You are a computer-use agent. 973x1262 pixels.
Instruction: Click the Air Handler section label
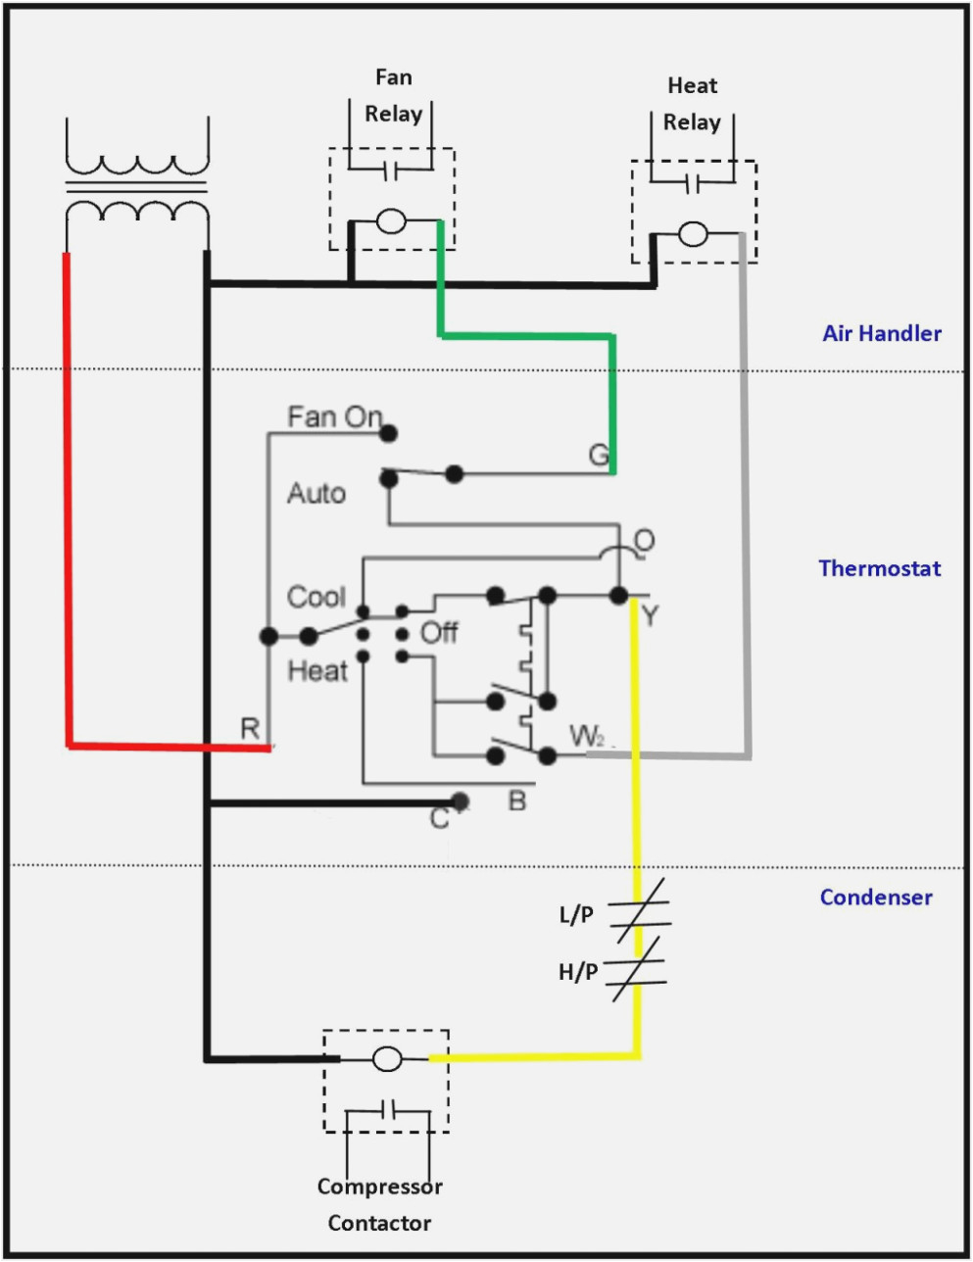(881, 333)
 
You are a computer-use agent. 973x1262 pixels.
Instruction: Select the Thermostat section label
(879, 568)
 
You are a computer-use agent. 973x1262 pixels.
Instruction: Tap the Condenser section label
(875, 898)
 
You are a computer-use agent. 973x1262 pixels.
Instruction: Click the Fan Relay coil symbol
(392, 221)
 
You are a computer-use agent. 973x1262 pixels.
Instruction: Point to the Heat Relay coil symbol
(693, 234)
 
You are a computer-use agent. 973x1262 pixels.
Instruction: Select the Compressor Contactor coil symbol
(387, 1059)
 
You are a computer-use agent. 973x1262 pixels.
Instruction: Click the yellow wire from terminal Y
(636, 764)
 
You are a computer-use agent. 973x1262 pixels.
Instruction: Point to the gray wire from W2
(747, 490)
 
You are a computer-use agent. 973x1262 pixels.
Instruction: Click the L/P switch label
(576, 915)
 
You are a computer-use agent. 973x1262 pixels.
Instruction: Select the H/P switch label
(577, 972)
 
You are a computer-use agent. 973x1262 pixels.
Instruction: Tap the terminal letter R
(250, 729)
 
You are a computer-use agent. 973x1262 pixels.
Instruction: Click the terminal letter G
(598, 455)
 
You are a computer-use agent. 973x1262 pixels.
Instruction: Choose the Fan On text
(333, 417)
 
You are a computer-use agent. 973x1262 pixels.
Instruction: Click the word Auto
(316, 493)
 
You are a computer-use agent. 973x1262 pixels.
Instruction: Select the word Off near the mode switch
(439, 633)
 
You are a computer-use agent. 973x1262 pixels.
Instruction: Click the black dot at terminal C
(460, 802)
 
